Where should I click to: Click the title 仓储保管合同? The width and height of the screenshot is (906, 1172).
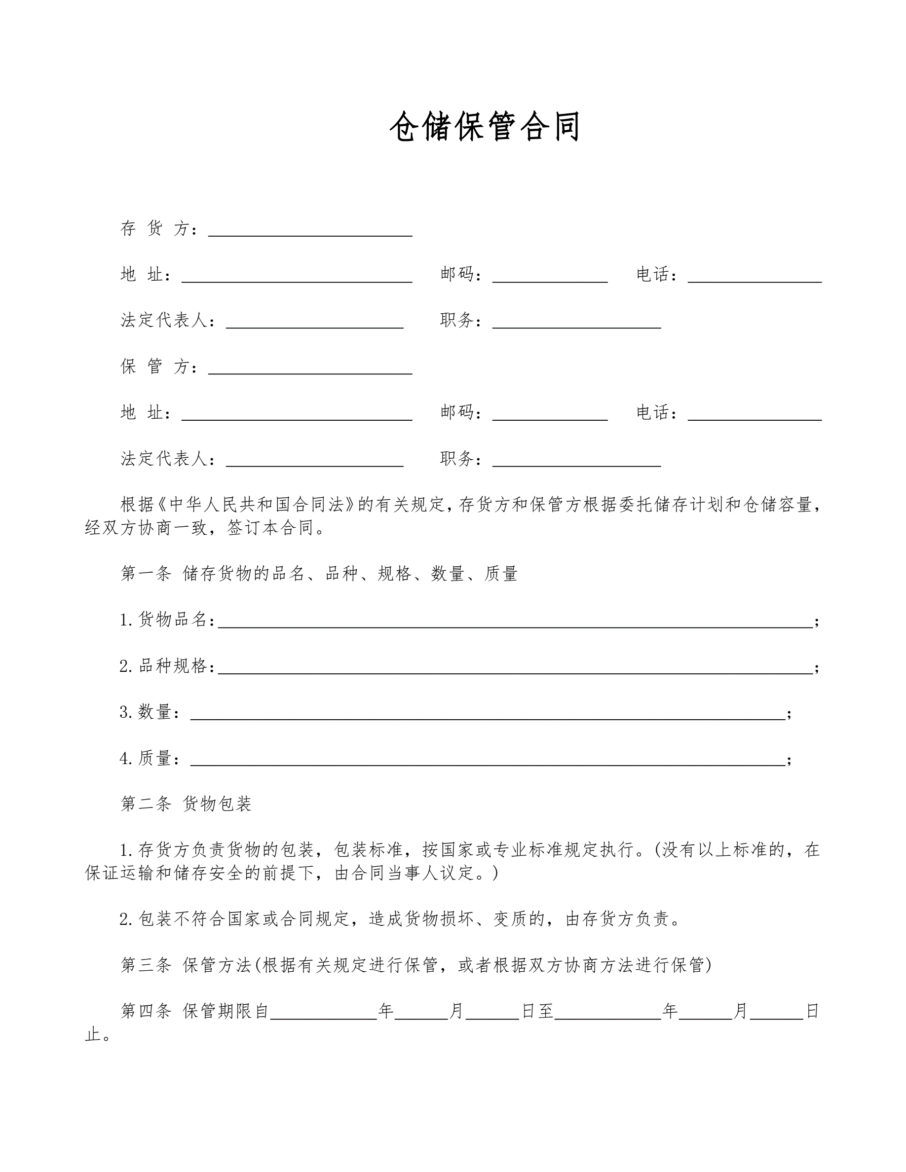click(x=485, y=127)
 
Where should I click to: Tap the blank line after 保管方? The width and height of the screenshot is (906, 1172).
click(x=310, y=368)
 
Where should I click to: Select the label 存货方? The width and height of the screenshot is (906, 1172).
click(x=155, y=228)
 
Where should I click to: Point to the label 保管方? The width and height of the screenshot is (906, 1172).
click(x=155, y=366)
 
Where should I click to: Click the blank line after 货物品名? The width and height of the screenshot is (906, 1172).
click(x=515, y=622)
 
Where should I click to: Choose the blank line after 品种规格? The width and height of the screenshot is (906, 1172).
click(x=515, y=667)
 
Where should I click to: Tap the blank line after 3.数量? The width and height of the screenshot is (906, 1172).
click(x=488, y=714)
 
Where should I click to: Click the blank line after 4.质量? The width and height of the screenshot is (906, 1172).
click(x=488, y=760)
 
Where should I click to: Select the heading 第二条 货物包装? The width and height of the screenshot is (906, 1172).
click(x=186, y=804)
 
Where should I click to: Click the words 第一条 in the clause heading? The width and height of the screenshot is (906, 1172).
click(x=146, y=574)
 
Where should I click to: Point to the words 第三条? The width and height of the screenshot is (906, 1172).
click(x=146, y=965)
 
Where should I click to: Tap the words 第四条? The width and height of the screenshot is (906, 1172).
click(x=146, y=1012)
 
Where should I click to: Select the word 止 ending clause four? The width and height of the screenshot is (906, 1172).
click(x=92, y=1034)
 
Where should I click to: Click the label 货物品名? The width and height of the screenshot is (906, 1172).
click(x=172, y=620)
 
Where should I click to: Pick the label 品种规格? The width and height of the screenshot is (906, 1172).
click(x=172, y=666)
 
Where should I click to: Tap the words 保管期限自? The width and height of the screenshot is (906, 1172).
click(x=226, y=1012)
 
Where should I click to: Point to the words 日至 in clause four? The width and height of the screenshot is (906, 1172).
click(x=537, y=1012)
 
